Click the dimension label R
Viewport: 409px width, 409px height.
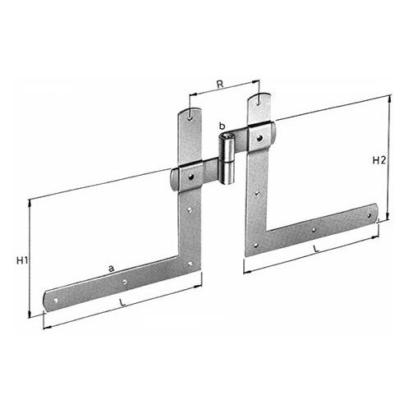[220, 85]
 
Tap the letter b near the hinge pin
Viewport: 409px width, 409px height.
[223, 126]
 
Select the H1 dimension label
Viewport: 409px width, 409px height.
[22, 261]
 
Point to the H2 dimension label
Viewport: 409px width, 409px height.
[379, 160]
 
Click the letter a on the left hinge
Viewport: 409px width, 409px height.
[111, 269]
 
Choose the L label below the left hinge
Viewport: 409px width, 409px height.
[123, 302]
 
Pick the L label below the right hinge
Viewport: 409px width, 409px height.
[316, 249]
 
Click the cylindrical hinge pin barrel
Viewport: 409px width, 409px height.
[227, 159]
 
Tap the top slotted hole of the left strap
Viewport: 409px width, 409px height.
[190, 117]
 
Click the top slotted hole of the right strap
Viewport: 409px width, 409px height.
[259, 102]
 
